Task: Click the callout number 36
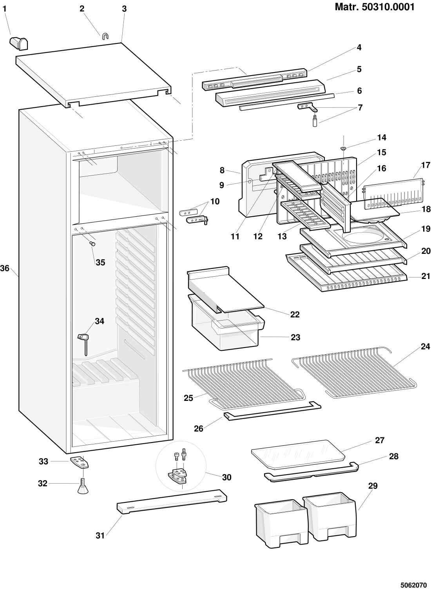pos(5,268)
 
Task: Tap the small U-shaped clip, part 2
pos(105,36)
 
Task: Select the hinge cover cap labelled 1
pos(18,43)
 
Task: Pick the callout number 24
pos(425,346)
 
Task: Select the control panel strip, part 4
pos(255,80)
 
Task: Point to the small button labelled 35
pos(93,244)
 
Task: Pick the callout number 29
pos(373,486)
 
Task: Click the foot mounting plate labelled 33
pos(80,462)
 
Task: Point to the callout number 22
pos(295,314)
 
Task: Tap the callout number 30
pos(226,477)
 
